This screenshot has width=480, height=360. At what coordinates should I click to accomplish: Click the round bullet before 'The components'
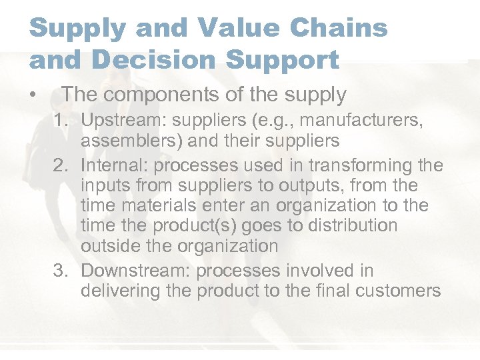(x=33, y=95)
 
